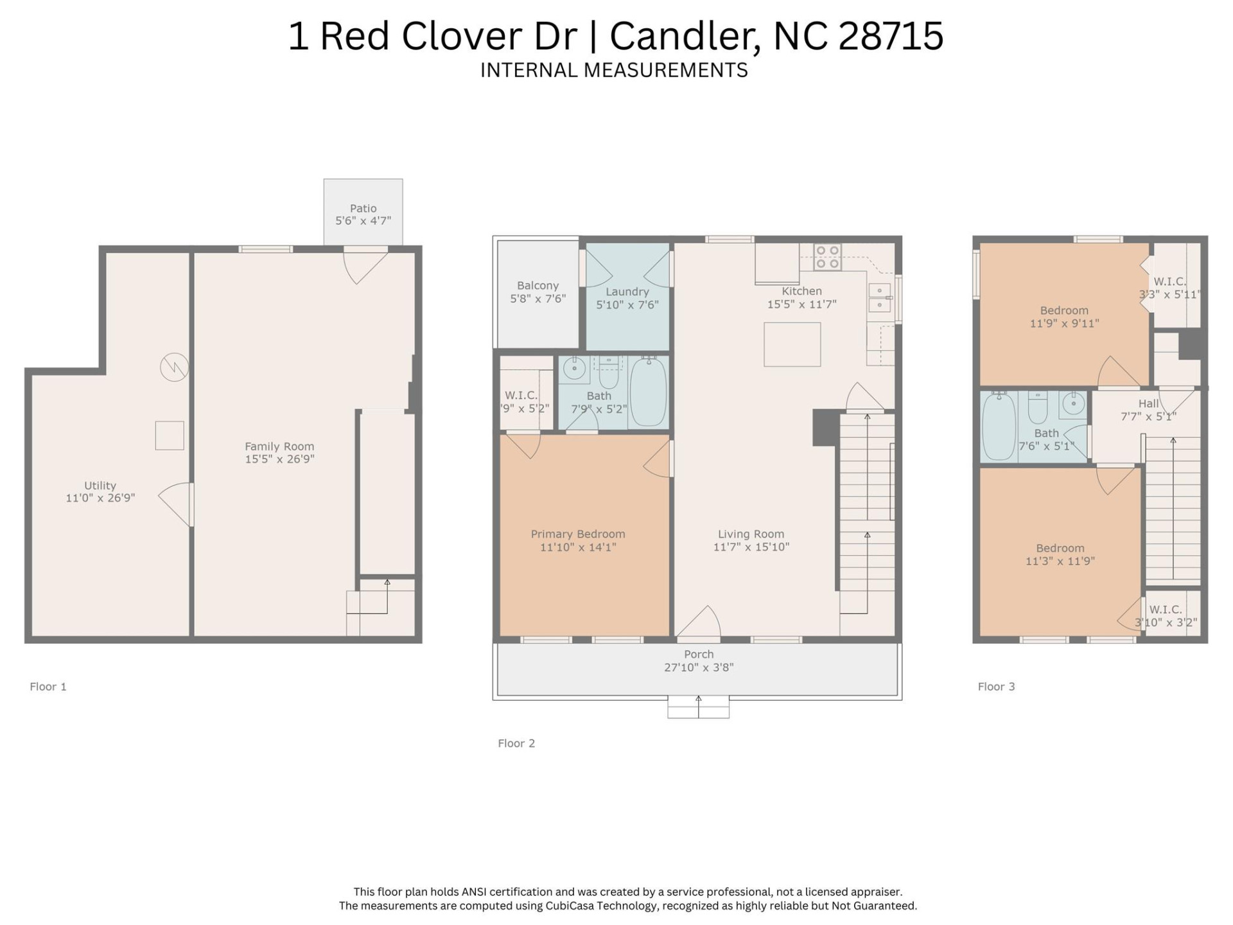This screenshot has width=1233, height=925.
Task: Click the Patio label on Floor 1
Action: (363, 208)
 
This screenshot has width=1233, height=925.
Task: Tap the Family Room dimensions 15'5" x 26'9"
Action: (279, 459)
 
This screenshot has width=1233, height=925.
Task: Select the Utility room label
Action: (100, 486)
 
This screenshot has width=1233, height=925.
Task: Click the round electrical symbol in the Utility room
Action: (174, 367)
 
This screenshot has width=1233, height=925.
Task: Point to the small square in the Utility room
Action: (170, 436)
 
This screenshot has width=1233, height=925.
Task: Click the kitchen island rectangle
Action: (792, 344)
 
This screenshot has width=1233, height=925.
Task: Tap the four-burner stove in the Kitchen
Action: (827, 257)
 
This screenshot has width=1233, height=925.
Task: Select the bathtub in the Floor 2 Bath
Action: (648, 392)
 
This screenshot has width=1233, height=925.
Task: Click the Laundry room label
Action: (627, 292)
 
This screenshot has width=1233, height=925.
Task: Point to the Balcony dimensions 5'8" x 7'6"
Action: (538, 299)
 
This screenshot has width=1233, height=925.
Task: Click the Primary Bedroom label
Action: (578, 534)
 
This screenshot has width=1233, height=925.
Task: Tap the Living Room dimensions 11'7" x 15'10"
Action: (751, 547)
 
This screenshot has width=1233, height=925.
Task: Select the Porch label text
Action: (699, 654)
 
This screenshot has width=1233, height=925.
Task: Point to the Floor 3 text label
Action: (996, 687)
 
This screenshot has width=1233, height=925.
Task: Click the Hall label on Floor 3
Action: (1148, 403)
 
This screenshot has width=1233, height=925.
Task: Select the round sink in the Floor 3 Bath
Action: (1072, 404)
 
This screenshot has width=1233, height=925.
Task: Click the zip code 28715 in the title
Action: (891, 36)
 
